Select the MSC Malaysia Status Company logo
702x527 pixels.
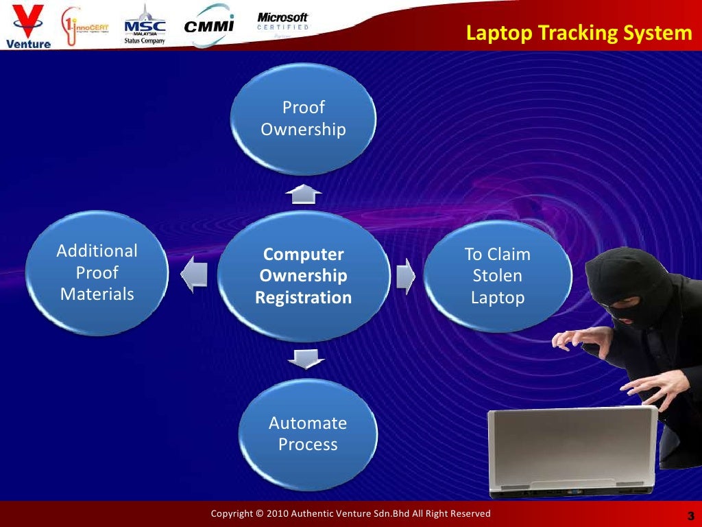[144, 25]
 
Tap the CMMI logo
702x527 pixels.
[210, 26]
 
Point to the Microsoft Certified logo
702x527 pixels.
[282, 21]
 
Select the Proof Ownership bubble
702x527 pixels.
[303, 118]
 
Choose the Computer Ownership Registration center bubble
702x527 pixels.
[303, 276]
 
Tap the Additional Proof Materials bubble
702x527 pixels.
[97, 272]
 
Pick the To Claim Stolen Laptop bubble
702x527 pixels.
[498, 276]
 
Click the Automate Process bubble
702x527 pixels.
[307, 433]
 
